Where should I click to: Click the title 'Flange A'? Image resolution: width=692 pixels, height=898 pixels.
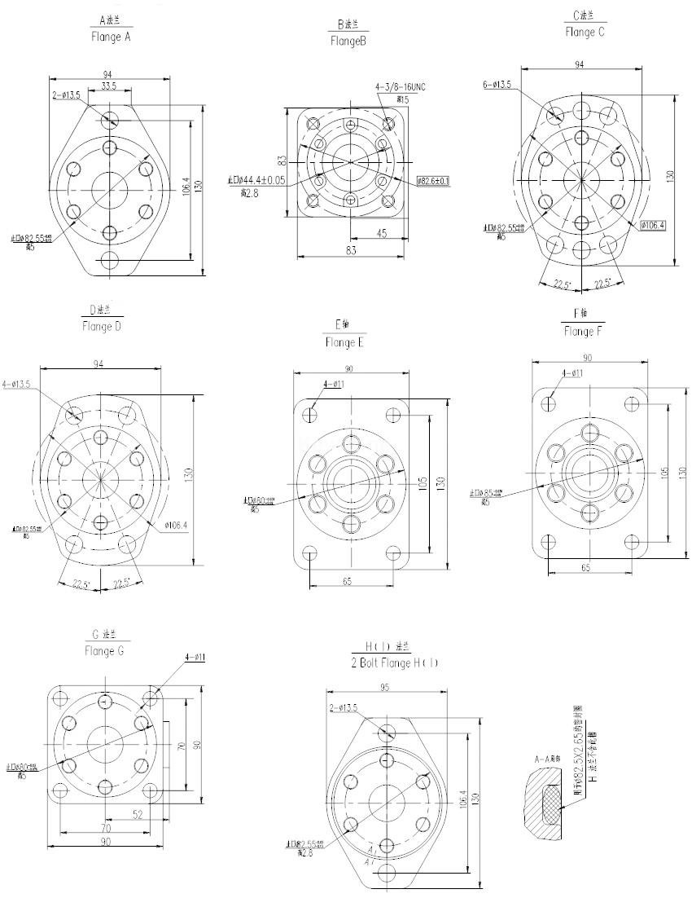click(111, 37)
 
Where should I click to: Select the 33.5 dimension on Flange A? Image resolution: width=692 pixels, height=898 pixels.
click(108, 86)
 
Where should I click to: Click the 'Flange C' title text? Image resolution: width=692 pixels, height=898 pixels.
click(585, 33)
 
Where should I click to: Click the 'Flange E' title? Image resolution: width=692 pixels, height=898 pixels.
click(344, 343)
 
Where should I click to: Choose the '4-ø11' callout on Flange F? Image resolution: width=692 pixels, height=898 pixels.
click(572, 373)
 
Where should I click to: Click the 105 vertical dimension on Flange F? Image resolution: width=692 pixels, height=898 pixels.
click(664, 471)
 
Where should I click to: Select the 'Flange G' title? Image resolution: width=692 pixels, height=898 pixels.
click(104, 652)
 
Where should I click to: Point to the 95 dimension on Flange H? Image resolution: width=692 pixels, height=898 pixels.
click(385, 687)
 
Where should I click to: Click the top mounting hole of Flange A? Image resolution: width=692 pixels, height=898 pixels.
click(110, 120)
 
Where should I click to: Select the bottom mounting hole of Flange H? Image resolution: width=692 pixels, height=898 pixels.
click(385, 876)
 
